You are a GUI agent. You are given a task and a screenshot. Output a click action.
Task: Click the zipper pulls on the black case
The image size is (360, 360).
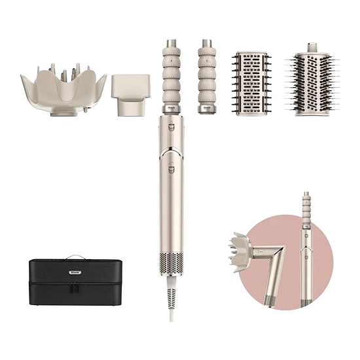click(75, 287)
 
